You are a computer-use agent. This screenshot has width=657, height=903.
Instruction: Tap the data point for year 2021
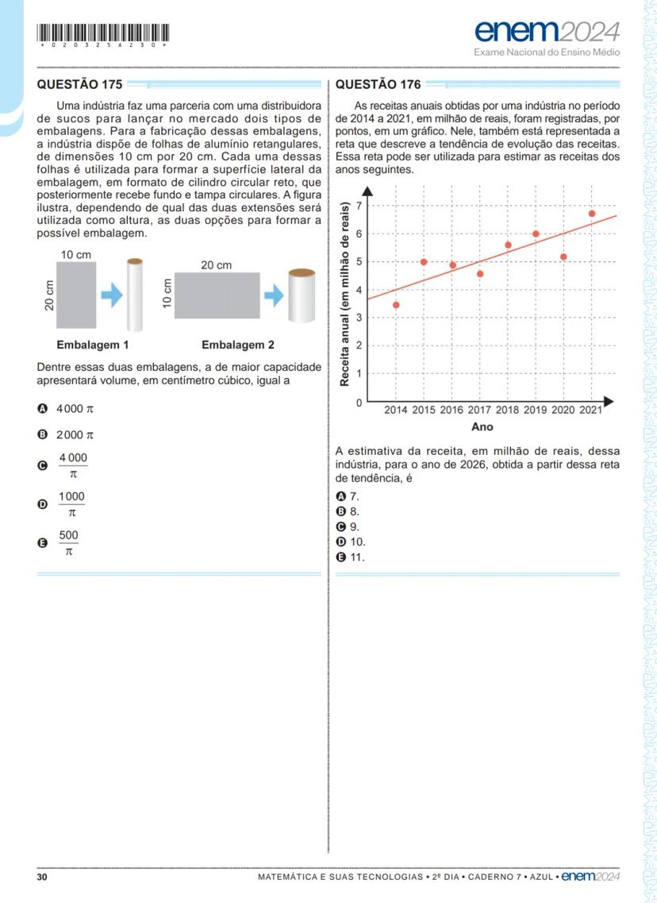[592, 214]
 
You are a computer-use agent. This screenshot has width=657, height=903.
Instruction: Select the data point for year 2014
[396, 305]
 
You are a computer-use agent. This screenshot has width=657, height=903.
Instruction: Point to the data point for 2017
[480, 274]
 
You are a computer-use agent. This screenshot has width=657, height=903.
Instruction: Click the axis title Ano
[482, 427]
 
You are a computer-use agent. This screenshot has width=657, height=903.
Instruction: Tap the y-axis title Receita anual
[346, 295]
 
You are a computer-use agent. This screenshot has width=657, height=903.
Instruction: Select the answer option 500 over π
[69, 543]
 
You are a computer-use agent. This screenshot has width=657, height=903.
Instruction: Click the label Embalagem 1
[92, 345]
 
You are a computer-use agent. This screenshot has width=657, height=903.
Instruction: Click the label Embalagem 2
[238, 345]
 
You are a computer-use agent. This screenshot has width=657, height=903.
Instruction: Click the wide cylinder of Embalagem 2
[302, 295]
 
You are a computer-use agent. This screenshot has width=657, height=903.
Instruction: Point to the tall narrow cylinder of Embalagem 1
[135, 295]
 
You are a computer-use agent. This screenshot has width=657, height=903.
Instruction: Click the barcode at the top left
[103, 33]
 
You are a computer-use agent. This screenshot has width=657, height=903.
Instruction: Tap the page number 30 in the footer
[43, 878]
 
